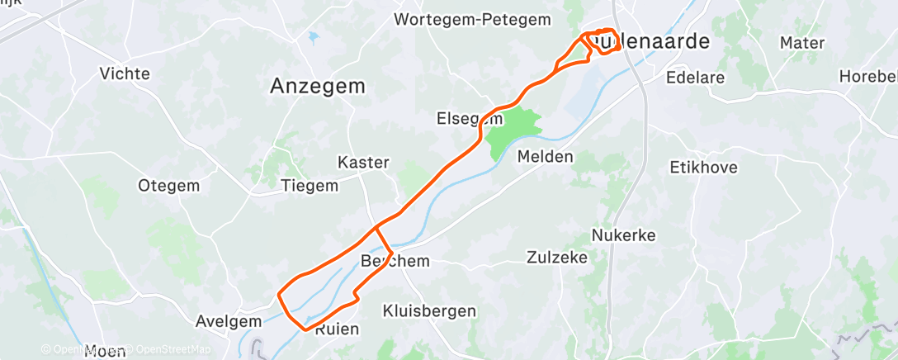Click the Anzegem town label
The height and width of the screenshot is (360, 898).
[x=318, y=86]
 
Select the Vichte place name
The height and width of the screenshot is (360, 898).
[x=125, y=73]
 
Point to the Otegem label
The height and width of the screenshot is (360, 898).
[x=168, y=185]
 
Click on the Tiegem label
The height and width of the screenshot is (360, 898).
[x=310, y=185]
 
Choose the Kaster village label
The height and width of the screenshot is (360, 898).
[x=363, y=162]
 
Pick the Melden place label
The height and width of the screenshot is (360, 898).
[x=546, y=156]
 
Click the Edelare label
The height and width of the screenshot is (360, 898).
[x=696, y=78]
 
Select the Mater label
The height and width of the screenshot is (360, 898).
[x=801, y=42]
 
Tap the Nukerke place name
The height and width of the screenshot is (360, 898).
[x=623, y=235]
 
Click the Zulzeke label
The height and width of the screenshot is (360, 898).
[x=557, y=258]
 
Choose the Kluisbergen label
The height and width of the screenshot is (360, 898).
[x=429, y=311]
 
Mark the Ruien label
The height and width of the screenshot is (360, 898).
[x=337, y=329]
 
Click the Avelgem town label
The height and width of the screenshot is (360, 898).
[x=222, y=320]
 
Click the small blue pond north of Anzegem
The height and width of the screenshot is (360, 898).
[x=313, y=37]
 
